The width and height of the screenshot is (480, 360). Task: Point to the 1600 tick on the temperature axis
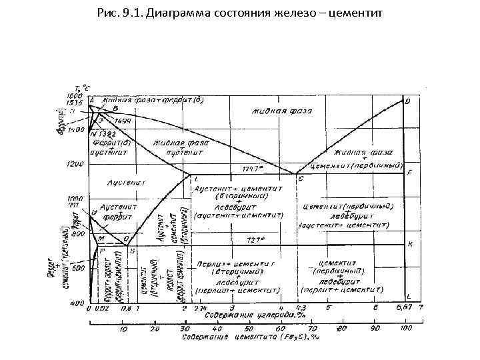tap(75, 95)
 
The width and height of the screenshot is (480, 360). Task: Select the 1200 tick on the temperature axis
tap(75, 164)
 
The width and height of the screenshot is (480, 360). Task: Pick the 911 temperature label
tap(75, 207)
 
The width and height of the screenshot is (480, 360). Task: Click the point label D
tap(408, 101)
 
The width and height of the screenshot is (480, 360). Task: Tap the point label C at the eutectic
tap(301, 179)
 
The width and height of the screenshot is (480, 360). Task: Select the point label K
tap(410, 244)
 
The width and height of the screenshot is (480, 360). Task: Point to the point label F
tap(409, 173)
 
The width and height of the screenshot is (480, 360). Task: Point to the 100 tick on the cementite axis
tap(405, 329)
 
